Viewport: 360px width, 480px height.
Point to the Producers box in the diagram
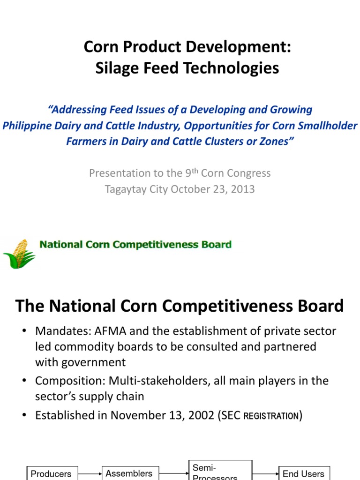(x=51, y=473)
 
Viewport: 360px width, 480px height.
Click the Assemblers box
(x=129, y=473)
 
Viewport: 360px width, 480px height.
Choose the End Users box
(x=303, y=473)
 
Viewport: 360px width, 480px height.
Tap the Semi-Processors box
(x=214, y=471)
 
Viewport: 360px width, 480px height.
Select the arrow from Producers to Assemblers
(x=90, y=473)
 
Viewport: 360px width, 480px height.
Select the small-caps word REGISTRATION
(x=271, y=416)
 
